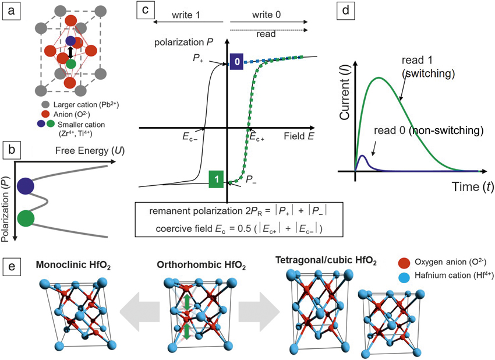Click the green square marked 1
point(215,180)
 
